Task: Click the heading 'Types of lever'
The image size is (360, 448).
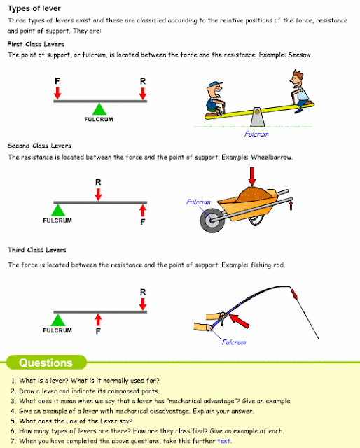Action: (34, 8)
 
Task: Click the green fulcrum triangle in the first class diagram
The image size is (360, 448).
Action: (99, 110)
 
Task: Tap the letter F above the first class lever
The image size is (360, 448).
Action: (57, 81)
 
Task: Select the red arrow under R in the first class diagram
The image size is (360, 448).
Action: (143, 93)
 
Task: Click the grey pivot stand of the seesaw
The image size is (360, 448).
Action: (257, 117)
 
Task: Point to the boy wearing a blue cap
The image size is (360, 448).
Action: (215, 99)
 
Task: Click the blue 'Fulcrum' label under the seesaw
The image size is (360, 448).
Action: (256, 134)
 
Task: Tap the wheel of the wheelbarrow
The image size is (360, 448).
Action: (212, 220)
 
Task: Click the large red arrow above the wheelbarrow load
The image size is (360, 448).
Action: (252, 176)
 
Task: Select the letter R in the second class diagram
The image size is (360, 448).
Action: (98, 182)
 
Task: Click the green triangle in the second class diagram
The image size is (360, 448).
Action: (58, 210)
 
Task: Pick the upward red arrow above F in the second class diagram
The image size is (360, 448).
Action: (143, 211)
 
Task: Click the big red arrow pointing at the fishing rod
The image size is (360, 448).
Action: (240, 321)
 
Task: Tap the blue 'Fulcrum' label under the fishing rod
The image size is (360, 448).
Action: (234, 342)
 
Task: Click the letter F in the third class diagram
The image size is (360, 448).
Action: (98, 331)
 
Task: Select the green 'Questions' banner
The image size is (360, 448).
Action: (46, 363)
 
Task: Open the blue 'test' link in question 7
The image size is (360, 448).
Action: (223, 441)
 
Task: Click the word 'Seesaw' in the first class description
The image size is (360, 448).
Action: (299, 55)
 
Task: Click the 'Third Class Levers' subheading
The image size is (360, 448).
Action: (37, 250)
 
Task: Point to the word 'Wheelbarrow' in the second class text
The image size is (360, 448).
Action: (271, 157)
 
